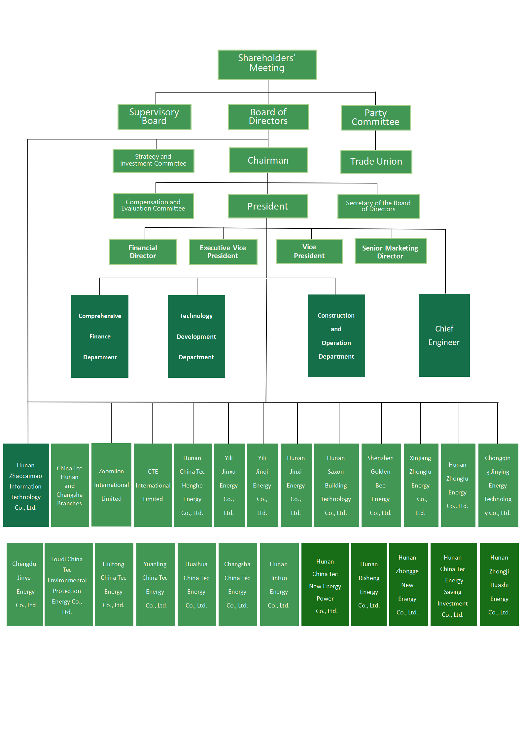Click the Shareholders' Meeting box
pyautogui.click(x=267, y=64)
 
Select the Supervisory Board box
pyautogui.click(x=154, y=117)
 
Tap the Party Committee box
pyautogui.click(x=375, y=118)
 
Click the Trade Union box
pyautogui.click(x=376, y=162)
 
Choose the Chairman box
pyautogui.click(x=268, y=160)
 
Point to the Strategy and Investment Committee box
pyautogui.click(x=153, y=161)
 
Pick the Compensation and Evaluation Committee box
pyautogui.click(x=153, y=206)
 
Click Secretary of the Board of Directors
pyautogui.click(x=378, y=206)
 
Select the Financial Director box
pyautogui.click(x=143, y=252)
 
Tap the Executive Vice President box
pyautogui.click(x=223, y=252)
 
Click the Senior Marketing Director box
pyautogui.click(x=390, y=252)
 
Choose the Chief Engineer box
pyautogui.click(x=444, y=335)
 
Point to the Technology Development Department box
pyautogui.click(x=196, y=336)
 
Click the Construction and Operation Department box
pyautogui.click(x=336, y=335)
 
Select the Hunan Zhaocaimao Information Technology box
pyautogui.click(x=26, y=485)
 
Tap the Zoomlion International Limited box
pyautogui.click(x=111, y=485)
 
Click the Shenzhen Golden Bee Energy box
pyautogui.click(x=381, y=485)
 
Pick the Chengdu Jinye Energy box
pyautogui.click(x=24, y=584)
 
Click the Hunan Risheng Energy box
pyautogui.click(x=369, y=584)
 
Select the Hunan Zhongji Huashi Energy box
pyautogui.click(x=499, y=584)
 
